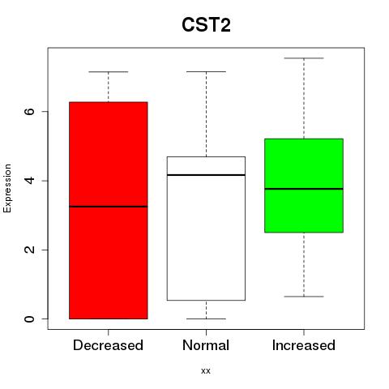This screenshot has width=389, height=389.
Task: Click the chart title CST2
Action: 206,25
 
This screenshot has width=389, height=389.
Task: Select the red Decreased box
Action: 109,211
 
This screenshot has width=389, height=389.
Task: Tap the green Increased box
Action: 304,186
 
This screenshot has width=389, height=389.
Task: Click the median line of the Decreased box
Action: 109,207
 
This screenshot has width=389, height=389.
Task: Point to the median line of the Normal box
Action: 206,175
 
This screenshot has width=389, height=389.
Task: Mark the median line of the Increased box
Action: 304,189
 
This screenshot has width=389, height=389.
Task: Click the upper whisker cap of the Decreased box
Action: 109,72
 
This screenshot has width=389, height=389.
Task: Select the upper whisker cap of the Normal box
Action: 206,71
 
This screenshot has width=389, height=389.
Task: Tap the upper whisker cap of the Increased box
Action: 304,58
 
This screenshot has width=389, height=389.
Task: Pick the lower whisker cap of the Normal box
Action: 206,318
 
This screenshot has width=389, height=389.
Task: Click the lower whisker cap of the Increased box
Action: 304,297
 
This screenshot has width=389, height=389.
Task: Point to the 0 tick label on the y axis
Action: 29,319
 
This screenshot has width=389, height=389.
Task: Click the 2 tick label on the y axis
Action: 29,250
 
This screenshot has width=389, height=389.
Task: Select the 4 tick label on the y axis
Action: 29,181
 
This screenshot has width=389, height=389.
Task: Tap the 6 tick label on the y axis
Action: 29,111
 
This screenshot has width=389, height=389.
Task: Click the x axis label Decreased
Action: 108,345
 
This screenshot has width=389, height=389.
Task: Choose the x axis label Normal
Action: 206,345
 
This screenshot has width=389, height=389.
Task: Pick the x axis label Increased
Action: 304,345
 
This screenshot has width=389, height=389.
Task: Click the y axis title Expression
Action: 7,188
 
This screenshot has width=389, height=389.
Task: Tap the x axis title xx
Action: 206,371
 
